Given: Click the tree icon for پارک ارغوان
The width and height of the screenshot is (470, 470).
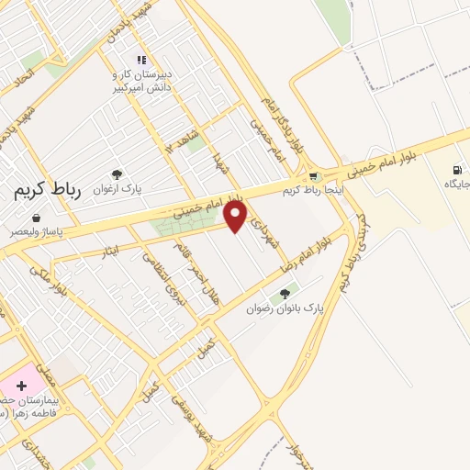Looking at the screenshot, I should [x=117, y=174].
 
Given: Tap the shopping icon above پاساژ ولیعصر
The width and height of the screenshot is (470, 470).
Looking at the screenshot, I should [x=35, y=218].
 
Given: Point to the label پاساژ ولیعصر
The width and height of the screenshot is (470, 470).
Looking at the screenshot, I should [x=35, y=233].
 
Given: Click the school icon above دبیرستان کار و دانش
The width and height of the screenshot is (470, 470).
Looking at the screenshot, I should [x=140, y=60].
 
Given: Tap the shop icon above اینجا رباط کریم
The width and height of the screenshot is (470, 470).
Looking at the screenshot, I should [x=313, y=176].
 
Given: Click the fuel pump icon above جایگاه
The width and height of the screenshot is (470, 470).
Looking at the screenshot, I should [x=457, y=169].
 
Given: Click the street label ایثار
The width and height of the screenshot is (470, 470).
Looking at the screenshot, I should [x=111, y=249].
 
